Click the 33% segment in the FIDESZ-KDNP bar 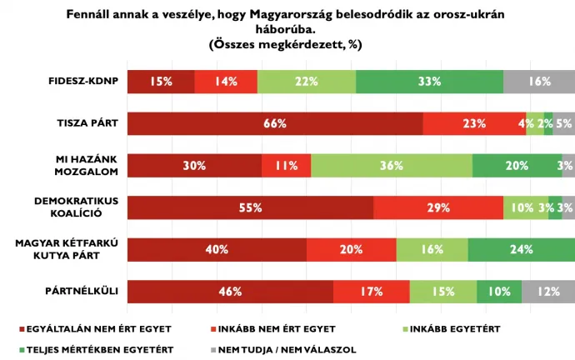[429, 82]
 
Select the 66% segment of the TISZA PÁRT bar [275, 123]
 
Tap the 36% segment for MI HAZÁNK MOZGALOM [391, 166]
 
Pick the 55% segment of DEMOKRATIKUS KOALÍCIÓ [250, 207]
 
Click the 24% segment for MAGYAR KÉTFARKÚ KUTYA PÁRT [521, 249]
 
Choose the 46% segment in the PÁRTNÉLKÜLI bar [230, 292]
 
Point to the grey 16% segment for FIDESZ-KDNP [539, 82]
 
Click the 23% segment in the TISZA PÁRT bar [474, 123]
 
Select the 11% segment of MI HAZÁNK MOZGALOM [286, 166]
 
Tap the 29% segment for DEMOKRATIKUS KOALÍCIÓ [438, 207]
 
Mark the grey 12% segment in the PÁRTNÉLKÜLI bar [547, 292]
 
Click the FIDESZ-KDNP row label [82, 82]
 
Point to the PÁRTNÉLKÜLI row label [82, 292]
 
